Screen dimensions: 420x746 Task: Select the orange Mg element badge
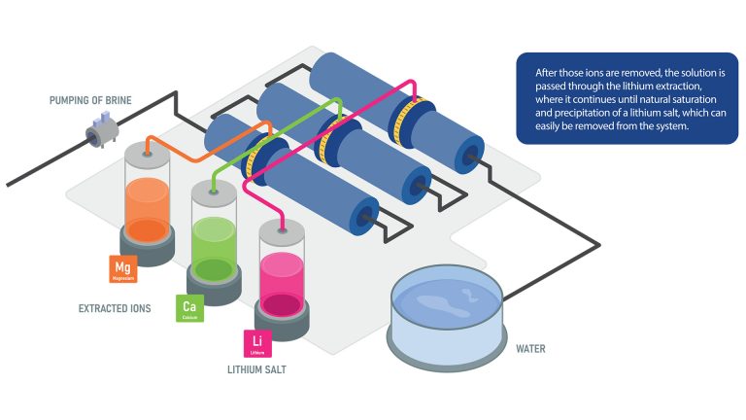(x=122, y=267)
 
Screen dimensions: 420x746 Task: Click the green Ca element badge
(x=188, y=307)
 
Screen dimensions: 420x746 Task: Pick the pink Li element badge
(x=256, y=343)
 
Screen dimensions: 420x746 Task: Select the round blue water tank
(x=447, y=309)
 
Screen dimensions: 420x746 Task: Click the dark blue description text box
(x=627, y=99)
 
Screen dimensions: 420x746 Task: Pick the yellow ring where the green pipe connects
(x=328, y=138)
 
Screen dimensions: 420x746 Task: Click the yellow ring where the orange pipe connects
(x=254, y=157)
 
